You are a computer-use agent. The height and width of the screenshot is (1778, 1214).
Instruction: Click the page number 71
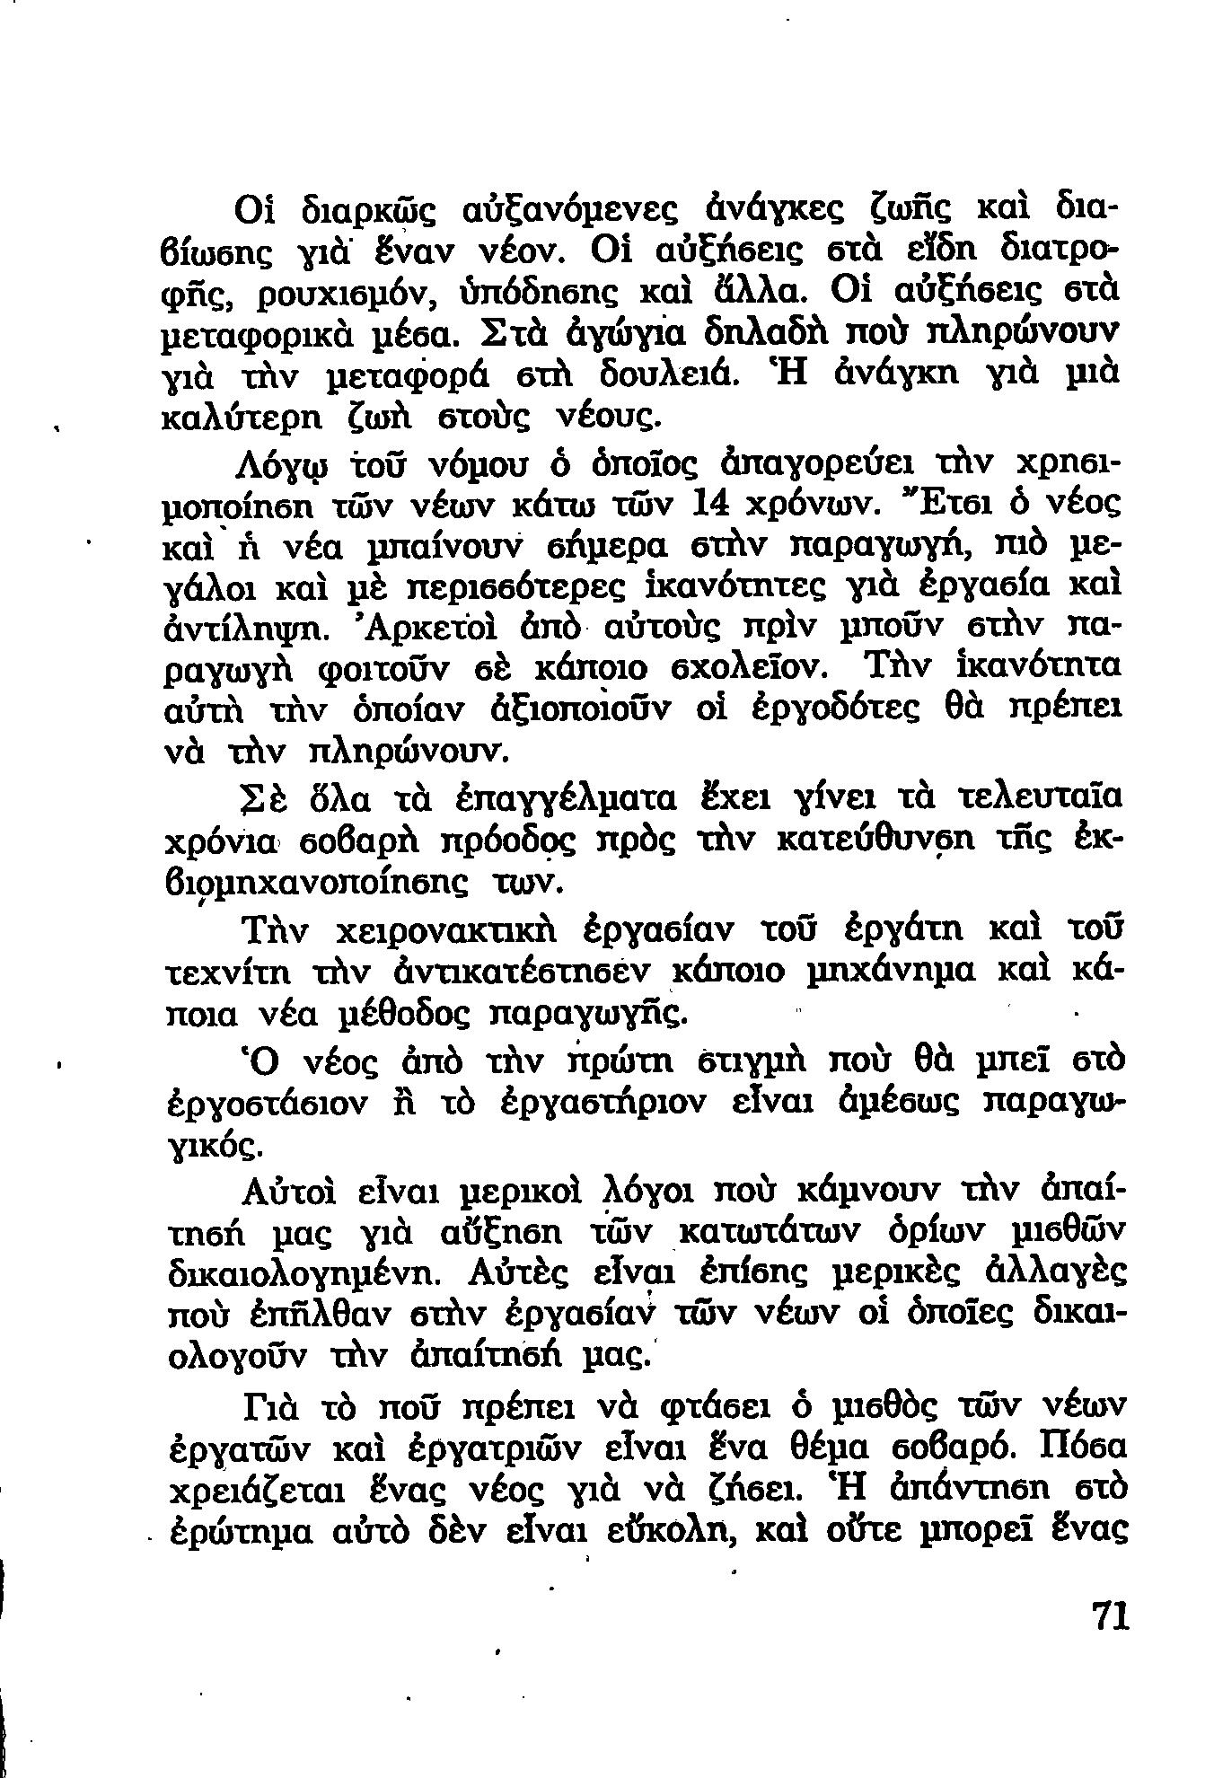1109,1615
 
